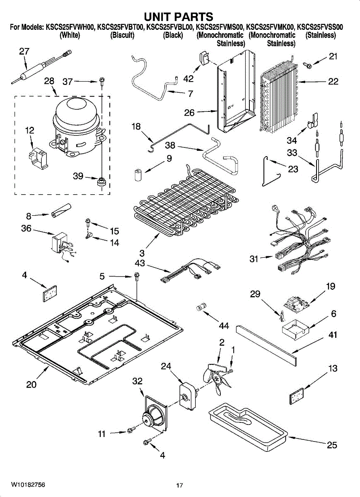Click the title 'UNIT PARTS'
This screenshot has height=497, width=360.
tap(179, 17)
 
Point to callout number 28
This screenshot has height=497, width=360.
tap(49, 81)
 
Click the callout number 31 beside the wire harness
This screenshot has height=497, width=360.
tap(254, 259)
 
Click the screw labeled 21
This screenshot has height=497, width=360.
tap(308, 65)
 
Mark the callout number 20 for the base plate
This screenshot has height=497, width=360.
tap(31, 384)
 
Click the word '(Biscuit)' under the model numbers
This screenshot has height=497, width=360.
tap(123, 35)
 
